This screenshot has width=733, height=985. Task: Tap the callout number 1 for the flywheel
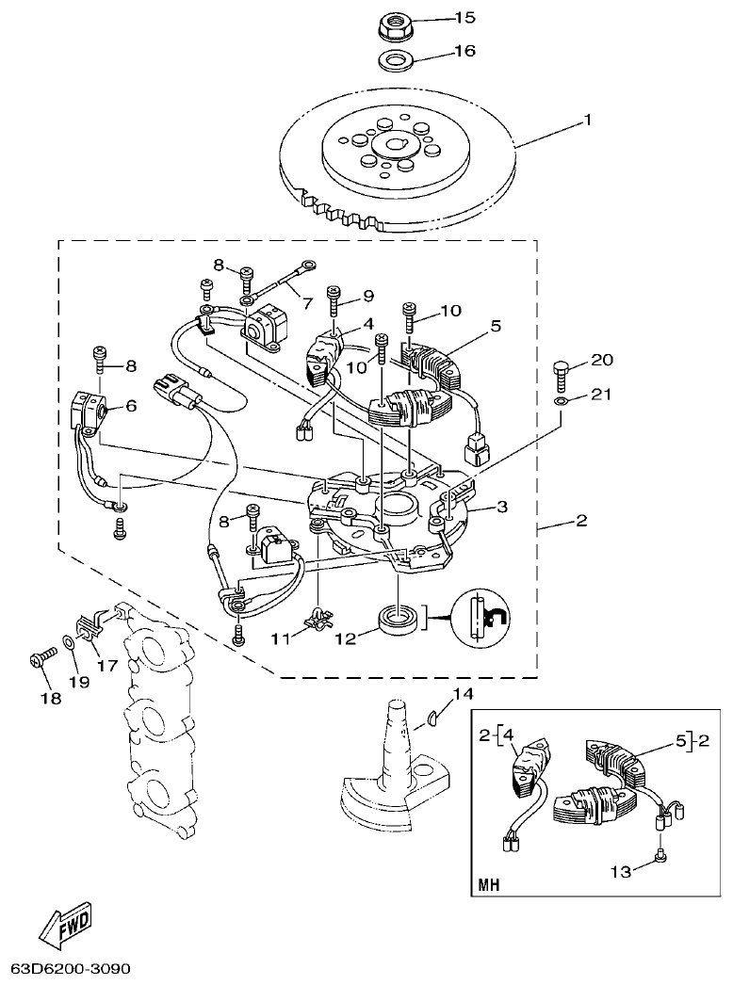point(587,121)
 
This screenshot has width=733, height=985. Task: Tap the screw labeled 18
point(38,659)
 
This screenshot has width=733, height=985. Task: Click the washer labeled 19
point(69,643)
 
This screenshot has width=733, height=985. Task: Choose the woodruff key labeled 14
point(429,719)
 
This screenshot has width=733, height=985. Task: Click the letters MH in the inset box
point(489,885)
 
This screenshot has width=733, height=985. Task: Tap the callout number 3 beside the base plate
point(503,508)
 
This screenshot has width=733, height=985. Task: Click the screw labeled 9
point(334,299)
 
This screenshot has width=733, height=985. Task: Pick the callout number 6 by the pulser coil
point(130,406)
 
